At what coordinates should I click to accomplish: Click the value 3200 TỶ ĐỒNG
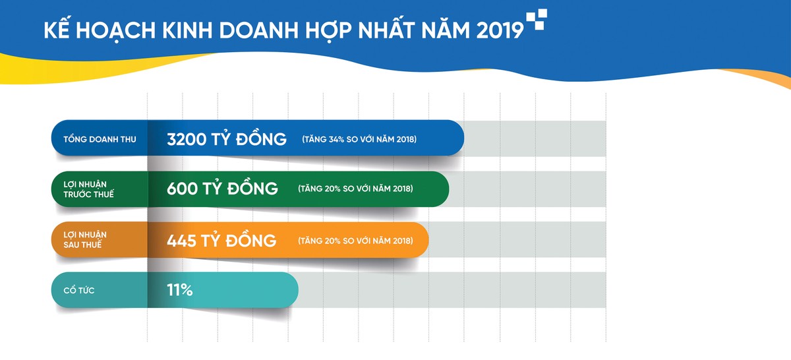point(227,139)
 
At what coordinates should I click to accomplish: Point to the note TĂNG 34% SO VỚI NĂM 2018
point(359,140)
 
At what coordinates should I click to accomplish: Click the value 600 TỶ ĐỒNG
point(222,189)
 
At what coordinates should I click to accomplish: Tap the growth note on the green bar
point(355,189)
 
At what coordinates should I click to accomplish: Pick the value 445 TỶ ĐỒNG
point(222,240)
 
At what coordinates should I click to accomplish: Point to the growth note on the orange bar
point(355,240)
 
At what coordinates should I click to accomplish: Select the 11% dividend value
point(180,290)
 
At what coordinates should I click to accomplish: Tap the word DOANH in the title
point(227,31)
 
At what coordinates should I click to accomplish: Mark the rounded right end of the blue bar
point(455,138)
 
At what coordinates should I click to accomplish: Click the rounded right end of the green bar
point(440,189)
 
